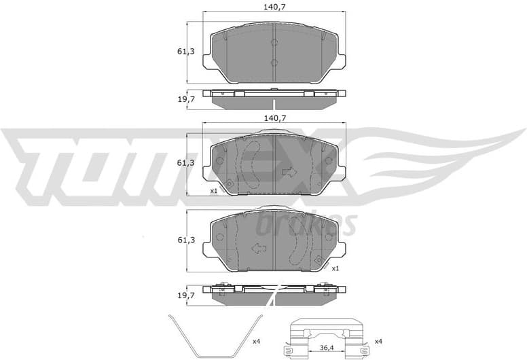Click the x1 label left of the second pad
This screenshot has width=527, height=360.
(213, 191)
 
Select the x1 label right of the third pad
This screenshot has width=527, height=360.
(335, 268)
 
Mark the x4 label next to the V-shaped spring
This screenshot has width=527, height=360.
(256, 340)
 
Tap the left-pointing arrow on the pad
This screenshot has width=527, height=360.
(258, 249)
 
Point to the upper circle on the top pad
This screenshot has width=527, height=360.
(274, 43)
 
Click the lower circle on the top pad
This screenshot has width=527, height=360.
(274, 63)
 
